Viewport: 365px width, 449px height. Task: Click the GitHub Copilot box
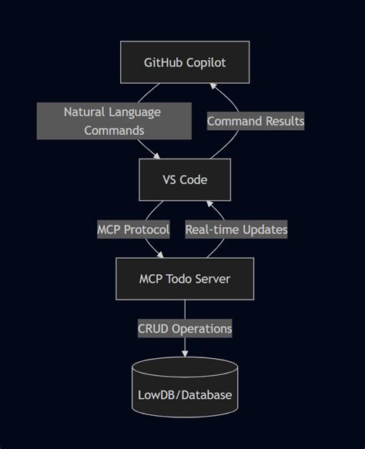point(185,62)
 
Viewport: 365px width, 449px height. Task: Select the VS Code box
point(185,179)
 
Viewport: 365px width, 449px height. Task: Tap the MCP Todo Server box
point(185,279)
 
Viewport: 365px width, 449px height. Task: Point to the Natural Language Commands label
point(113,121)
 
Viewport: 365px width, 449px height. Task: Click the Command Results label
point(255,121)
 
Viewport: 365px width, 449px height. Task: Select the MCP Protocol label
point(133,230)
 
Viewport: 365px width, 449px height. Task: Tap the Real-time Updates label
point(236,230)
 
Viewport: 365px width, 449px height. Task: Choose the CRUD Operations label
point(185,328)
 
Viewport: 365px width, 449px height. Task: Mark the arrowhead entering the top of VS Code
point(159,155)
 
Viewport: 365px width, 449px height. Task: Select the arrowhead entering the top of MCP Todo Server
point(161,254)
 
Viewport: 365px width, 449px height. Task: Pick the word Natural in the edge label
point(86,112)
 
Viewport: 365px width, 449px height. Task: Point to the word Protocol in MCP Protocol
point(146,230)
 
